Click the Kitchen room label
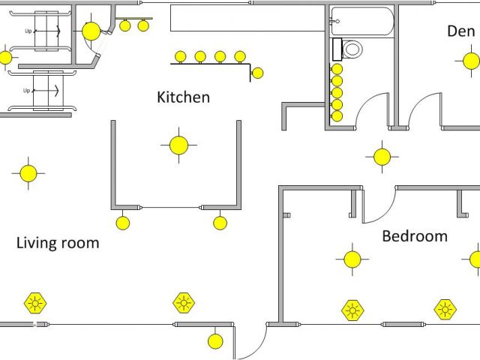click(183, 97)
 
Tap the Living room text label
click(58, 243)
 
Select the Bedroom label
click(415, 236)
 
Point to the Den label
click(460, 31)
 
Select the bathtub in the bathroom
click(362, 22)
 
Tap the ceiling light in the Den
click(470, 61)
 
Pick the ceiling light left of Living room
click(28, 173)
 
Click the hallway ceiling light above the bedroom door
click(382, 157)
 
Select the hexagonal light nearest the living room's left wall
click(34, 303)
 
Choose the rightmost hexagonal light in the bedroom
click(445, 308)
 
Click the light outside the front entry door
click(215, 341)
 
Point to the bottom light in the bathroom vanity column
click(337, 116)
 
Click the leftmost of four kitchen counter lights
click(181, 56)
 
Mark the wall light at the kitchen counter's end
click(257, 73)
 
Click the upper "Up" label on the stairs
click(28, 31)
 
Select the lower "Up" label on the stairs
click(27, 91)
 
